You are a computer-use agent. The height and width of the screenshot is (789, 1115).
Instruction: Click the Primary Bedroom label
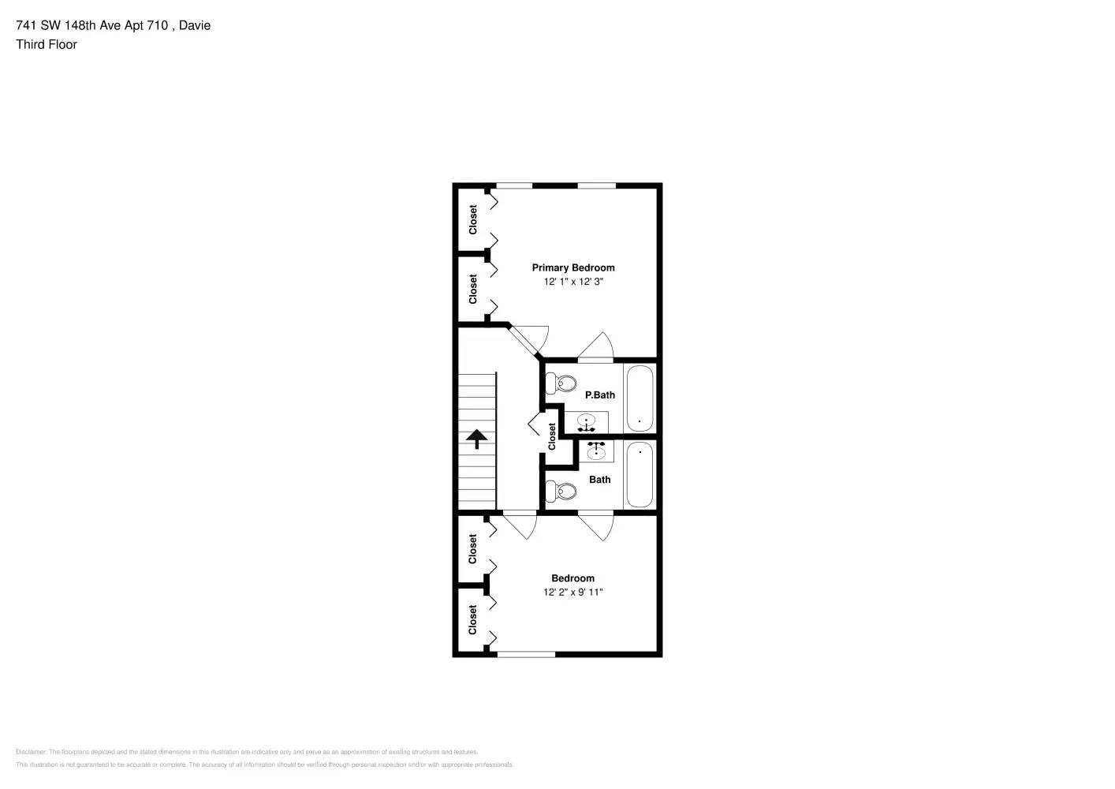572,267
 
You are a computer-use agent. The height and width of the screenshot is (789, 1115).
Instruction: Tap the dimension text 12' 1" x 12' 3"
572,282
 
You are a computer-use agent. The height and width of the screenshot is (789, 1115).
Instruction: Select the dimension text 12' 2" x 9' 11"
572,593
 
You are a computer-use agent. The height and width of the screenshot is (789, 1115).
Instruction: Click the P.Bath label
599,394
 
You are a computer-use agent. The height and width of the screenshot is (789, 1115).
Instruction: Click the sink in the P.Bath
587,422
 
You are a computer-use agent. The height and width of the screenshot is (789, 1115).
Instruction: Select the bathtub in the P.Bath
640,398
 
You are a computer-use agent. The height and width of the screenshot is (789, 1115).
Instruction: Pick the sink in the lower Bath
597,451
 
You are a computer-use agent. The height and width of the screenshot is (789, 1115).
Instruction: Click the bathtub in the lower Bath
640,474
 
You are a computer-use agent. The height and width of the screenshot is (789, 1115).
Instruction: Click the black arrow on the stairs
477,439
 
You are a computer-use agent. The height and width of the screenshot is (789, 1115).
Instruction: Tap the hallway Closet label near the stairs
552,436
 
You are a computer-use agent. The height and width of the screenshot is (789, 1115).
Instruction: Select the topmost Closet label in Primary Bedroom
473,219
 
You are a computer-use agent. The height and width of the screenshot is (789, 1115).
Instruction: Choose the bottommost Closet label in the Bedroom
473,619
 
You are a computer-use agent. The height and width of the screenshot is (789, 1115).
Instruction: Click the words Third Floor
47,44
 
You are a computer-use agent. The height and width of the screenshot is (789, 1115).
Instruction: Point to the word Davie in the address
195,25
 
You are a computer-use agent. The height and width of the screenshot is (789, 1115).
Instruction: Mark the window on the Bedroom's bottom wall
526,654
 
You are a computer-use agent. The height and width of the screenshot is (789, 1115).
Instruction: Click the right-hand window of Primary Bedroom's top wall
596,186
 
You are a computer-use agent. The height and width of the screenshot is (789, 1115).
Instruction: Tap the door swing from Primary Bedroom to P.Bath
598,347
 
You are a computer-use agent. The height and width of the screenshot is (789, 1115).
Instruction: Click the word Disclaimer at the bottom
31,752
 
